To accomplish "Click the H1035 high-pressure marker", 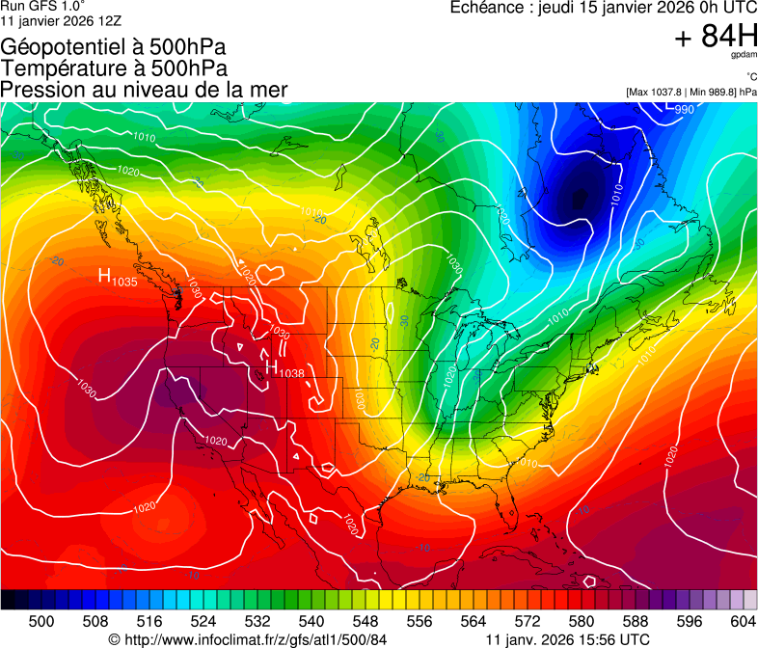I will tap(117, 278).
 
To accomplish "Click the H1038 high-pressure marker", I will tap(284, 369).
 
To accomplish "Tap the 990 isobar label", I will tap(684, 109).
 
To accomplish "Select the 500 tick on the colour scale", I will tap(41, 620).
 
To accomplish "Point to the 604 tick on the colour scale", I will tap(743, 620).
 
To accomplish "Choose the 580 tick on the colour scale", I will tap(582, 620).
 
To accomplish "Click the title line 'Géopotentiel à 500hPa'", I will tap(114, 47).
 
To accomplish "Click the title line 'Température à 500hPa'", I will tap(114, 68).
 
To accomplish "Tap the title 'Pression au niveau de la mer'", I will tap(144, 90).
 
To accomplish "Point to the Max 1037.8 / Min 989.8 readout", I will tap(691, 92).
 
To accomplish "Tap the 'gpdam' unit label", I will tap(744, 55).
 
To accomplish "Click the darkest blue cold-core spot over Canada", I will tap(579, 200).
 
